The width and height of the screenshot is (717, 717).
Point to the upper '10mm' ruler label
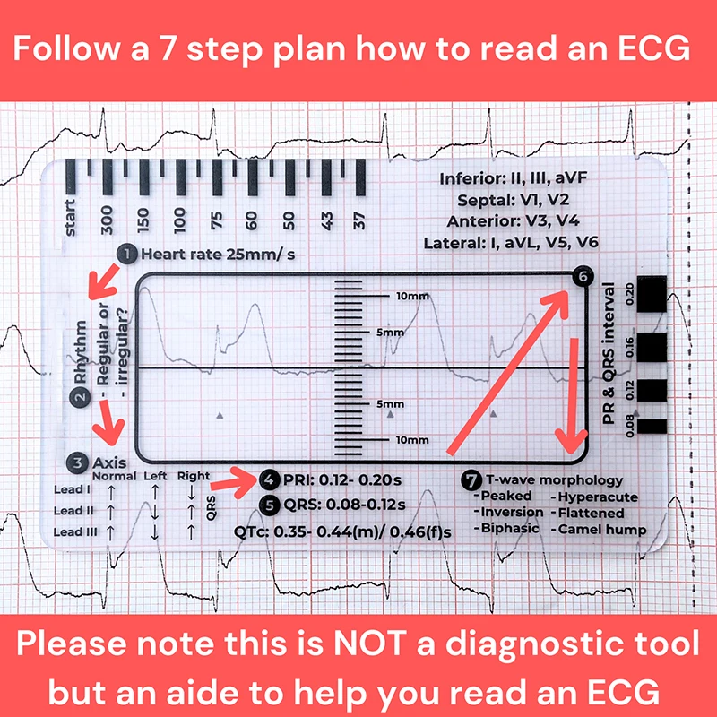tap(412, 296)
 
